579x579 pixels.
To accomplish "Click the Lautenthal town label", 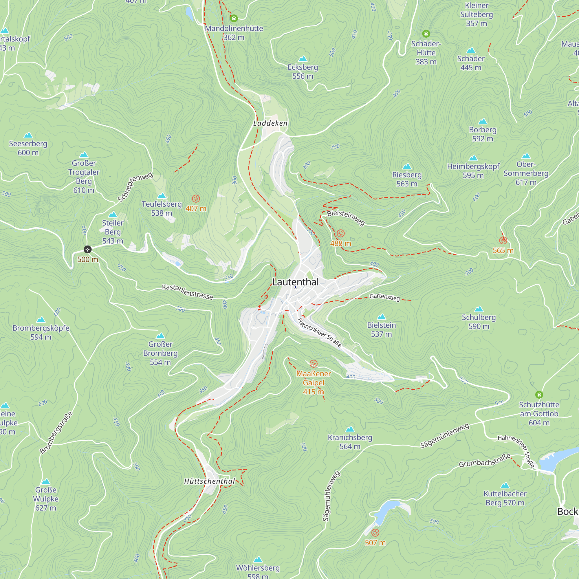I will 295,282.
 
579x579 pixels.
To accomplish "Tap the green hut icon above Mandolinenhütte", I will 234,19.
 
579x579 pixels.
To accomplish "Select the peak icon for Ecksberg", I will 303,59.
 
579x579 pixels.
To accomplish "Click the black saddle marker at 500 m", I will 87,249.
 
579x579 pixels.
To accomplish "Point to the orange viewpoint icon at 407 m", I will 196,199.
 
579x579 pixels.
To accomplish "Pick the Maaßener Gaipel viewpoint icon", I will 314,364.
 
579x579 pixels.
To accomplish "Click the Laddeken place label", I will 270,123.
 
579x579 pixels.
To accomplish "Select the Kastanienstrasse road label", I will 188,292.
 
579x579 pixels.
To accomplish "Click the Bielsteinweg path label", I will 346,217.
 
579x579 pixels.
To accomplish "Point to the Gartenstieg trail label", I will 384,297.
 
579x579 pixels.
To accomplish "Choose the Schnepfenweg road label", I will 135,187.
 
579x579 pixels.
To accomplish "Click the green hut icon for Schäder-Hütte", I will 426,34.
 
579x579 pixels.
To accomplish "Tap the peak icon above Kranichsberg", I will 350,429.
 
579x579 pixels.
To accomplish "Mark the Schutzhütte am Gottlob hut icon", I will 539,395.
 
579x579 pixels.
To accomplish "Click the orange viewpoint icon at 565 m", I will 503,240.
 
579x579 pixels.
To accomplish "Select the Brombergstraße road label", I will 56,433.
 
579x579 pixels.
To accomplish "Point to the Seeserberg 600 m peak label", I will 28,148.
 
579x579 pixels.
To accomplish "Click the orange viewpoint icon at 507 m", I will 375,533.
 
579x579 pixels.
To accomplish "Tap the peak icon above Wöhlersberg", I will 258,560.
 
